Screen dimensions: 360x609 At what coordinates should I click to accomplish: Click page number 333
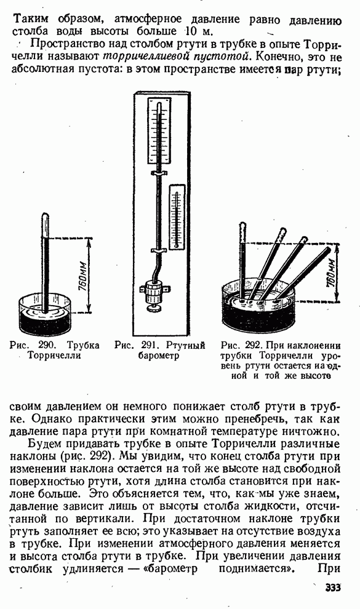coord(333,587)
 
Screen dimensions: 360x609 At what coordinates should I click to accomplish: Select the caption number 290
coord(48,345)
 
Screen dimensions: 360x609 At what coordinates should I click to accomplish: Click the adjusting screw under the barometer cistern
coord(154,308)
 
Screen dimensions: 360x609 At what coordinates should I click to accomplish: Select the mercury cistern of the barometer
coord(154,292)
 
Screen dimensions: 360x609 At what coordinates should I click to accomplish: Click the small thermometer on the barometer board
coord(177,217)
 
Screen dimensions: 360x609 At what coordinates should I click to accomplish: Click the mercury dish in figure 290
coord(46,314)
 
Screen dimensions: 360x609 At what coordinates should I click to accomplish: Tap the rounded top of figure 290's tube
coord(46,215)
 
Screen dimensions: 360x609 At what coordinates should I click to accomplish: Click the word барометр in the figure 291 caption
coord(158,356)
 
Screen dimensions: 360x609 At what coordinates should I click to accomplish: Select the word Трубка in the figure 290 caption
coord(84,345)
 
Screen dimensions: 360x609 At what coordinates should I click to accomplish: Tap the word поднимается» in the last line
coord(257,568)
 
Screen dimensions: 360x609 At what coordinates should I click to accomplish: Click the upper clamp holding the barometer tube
coord(159,172)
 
